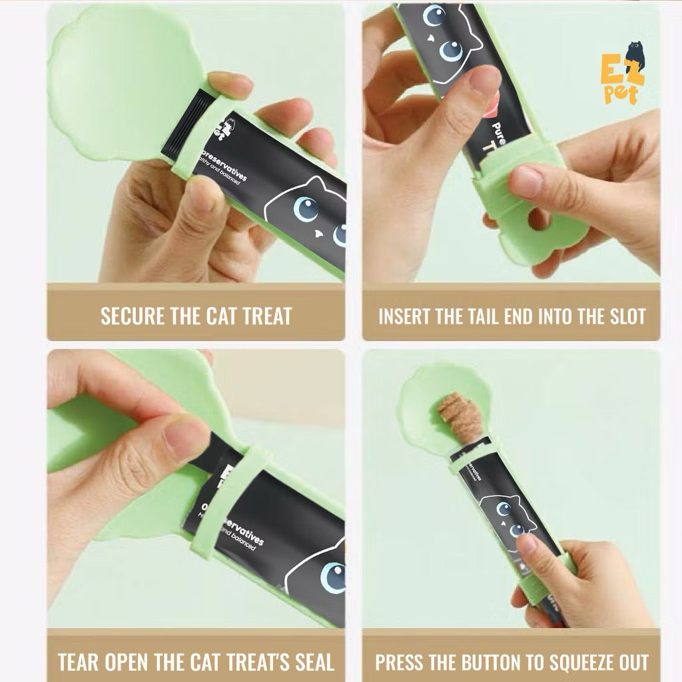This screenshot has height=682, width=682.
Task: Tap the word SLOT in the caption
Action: [623, 316]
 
